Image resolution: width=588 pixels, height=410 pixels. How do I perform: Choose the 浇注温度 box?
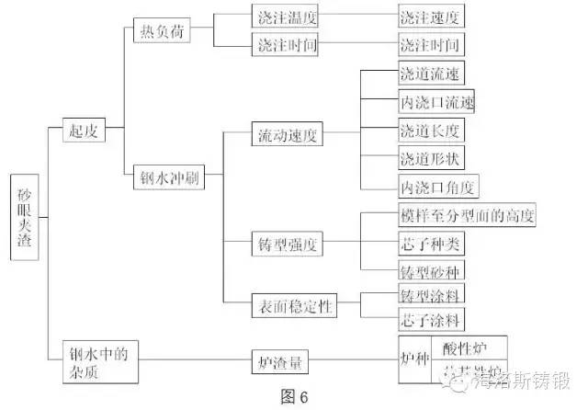coord(284,17)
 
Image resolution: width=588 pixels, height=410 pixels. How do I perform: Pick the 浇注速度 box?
coord(427,17)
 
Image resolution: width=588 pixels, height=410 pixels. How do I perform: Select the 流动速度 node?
coord(287,136)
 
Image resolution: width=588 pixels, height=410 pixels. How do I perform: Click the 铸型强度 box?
coord(287,245)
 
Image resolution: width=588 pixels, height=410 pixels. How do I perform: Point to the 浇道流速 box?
coord(426,73)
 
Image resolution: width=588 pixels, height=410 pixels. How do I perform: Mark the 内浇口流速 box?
coord(435,99)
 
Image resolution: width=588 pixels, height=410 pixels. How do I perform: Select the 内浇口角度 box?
coord(435,187)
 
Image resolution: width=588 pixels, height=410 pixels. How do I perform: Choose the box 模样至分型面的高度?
coord(465,217)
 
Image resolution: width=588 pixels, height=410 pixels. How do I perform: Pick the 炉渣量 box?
coord(283,364)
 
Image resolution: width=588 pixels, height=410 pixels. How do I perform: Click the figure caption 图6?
coord(294,397)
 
